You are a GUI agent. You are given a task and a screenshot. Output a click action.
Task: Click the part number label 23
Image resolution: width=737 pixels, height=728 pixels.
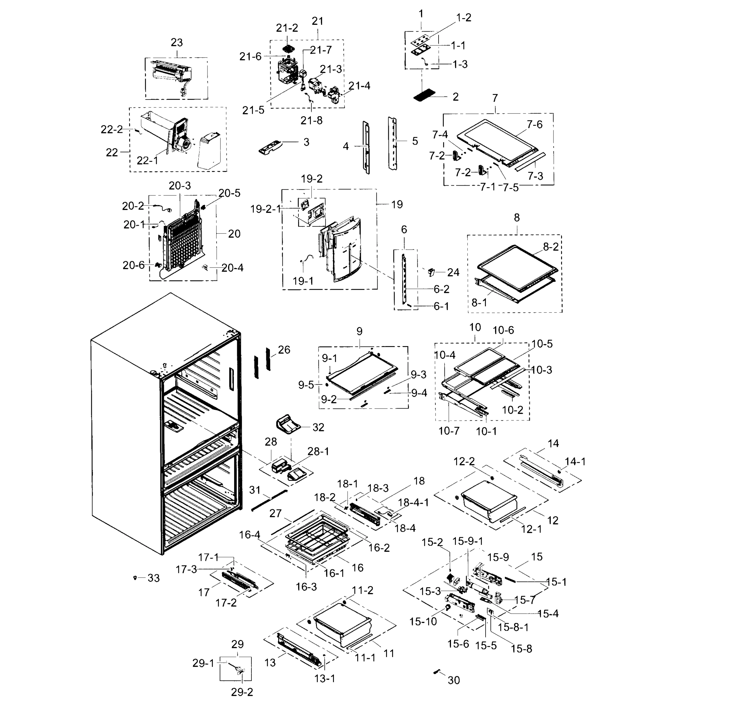pos(177,42)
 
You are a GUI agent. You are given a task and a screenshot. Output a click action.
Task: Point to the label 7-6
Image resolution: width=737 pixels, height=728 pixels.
pos(534,124)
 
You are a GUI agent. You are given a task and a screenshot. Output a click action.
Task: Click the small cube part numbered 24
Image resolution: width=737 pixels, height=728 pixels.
pos(432,272)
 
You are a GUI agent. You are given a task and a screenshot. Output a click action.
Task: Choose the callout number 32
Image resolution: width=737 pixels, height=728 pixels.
pos(318,427)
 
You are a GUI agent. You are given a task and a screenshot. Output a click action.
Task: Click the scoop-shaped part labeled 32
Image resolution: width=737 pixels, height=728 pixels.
pos(287,424)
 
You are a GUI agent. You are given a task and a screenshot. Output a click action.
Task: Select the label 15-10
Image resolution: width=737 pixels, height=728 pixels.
pos(423,622)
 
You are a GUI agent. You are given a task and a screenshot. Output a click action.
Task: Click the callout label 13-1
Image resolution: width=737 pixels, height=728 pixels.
pos(325,678)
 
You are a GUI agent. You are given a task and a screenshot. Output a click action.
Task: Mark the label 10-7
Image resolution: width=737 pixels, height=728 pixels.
pos(449,431)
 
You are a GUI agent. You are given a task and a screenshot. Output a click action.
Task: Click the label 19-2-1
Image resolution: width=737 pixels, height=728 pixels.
pos(265,209)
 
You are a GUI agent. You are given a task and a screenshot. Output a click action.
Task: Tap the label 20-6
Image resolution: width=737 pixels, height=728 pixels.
pos(133,265)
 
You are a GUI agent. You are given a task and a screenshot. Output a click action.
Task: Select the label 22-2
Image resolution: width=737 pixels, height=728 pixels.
pos(112,130)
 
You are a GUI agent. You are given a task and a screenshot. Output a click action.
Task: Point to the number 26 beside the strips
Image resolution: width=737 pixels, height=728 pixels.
pos(284,350)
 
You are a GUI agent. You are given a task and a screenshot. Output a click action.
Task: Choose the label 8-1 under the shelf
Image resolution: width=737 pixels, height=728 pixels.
pos(479,302)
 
